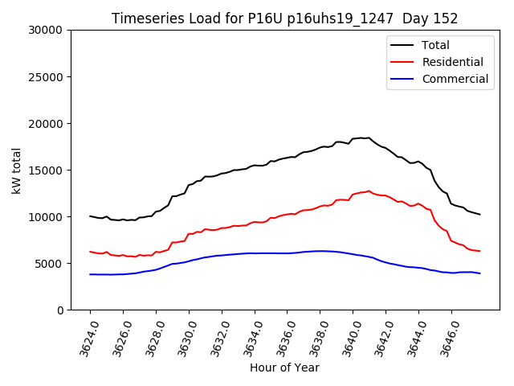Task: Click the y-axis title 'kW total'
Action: point(17,170)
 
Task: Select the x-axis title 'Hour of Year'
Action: point(284,368)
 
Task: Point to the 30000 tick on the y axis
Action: point(45,30)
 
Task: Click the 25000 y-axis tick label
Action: point(45,76)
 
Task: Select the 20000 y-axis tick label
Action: point(45,123)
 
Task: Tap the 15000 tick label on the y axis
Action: point(45,170)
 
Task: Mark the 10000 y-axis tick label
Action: point(45,216)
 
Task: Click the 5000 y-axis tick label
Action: point(48,263)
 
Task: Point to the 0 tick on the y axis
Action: point(59,310)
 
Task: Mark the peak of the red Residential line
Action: point(369,191)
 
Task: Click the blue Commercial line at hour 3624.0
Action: point(90,274)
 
